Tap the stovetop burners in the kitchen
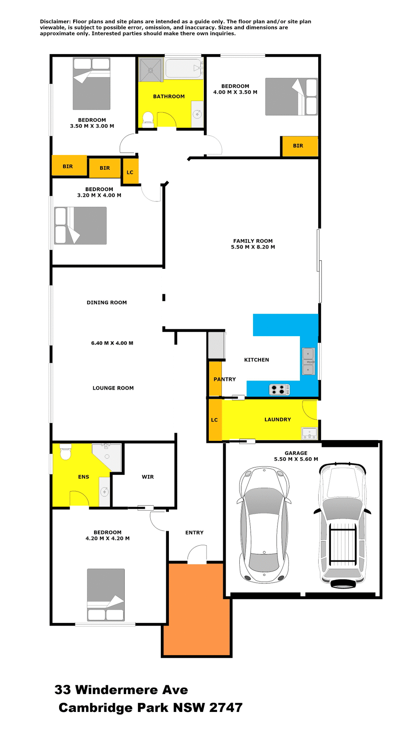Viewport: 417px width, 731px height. click(x=279, y=389)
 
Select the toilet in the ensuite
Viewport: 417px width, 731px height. click(x=66, y=452)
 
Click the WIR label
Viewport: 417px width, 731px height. click(x=148, y=477)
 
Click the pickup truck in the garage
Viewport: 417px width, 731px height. click(x=342, y=525)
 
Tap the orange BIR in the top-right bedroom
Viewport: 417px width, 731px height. click(x=300, y=146)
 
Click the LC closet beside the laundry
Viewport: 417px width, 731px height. click(x=215, y=420)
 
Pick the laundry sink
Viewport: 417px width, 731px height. click(x=310, y=433)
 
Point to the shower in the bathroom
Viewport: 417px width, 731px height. click(x=151, y=70)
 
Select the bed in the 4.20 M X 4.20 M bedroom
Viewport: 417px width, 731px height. click(x=106, y=594)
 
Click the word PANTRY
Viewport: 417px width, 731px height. click(x=225, y=379)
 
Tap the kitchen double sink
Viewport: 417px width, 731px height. click(x=308, y=361)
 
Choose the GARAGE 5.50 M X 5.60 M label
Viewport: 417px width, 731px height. click(x=296, y=456)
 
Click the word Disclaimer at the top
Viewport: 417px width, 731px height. click(x=55, y=22)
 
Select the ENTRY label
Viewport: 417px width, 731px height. click(x=194, y=532)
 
